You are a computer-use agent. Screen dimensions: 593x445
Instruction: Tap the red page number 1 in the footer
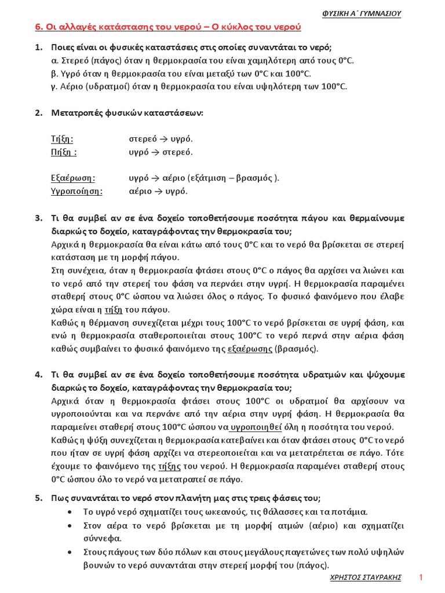(x=421, y=578)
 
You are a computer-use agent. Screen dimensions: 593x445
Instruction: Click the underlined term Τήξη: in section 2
(x=63, y=139)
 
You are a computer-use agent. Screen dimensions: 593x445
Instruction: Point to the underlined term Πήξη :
(x=64, y=152)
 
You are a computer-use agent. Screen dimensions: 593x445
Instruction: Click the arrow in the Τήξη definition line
(x=164, y=140)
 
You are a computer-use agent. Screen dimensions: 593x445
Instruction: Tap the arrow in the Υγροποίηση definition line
(x=159, y=192)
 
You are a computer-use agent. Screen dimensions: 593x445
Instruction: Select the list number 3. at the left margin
(x=39, y=218)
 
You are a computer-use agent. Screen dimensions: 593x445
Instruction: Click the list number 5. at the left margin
(x=39, y=498)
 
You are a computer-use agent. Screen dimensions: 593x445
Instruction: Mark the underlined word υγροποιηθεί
(x=256, y=427)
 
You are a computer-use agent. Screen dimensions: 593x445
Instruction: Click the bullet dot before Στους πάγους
(x=70, y=552)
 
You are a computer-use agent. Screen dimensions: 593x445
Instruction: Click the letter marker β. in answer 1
(x=55, y=74)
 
